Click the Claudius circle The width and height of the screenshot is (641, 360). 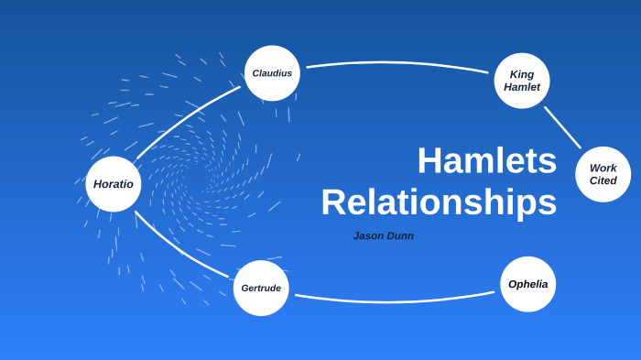click(272, 73)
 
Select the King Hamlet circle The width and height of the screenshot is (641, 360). click(522, 81)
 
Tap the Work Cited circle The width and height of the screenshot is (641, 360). click(603, 174)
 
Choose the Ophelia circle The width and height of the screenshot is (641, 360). click(527, 284)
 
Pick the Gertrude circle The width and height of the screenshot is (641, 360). click(261, 288)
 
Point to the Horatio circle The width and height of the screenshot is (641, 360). click(114, 184)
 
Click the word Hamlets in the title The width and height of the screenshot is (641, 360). click(486, 161)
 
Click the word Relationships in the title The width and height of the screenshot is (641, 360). click(439, 202)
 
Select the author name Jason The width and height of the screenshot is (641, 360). click(369, 235)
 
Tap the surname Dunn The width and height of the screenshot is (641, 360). click(400, 235)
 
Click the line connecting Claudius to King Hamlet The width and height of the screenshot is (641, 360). click(397, 62)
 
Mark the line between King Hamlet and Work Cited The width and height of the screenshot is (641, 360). click(562, 126)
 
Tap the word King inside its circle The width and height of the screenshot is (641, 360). click(522, 74)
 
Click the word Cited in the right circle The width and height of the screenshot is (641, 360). click(603, 180)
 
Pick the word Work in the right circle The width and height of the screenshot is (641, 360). click(603, 168)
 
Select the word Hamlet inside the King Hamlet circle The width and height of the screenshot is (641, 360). click(522, 87)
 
